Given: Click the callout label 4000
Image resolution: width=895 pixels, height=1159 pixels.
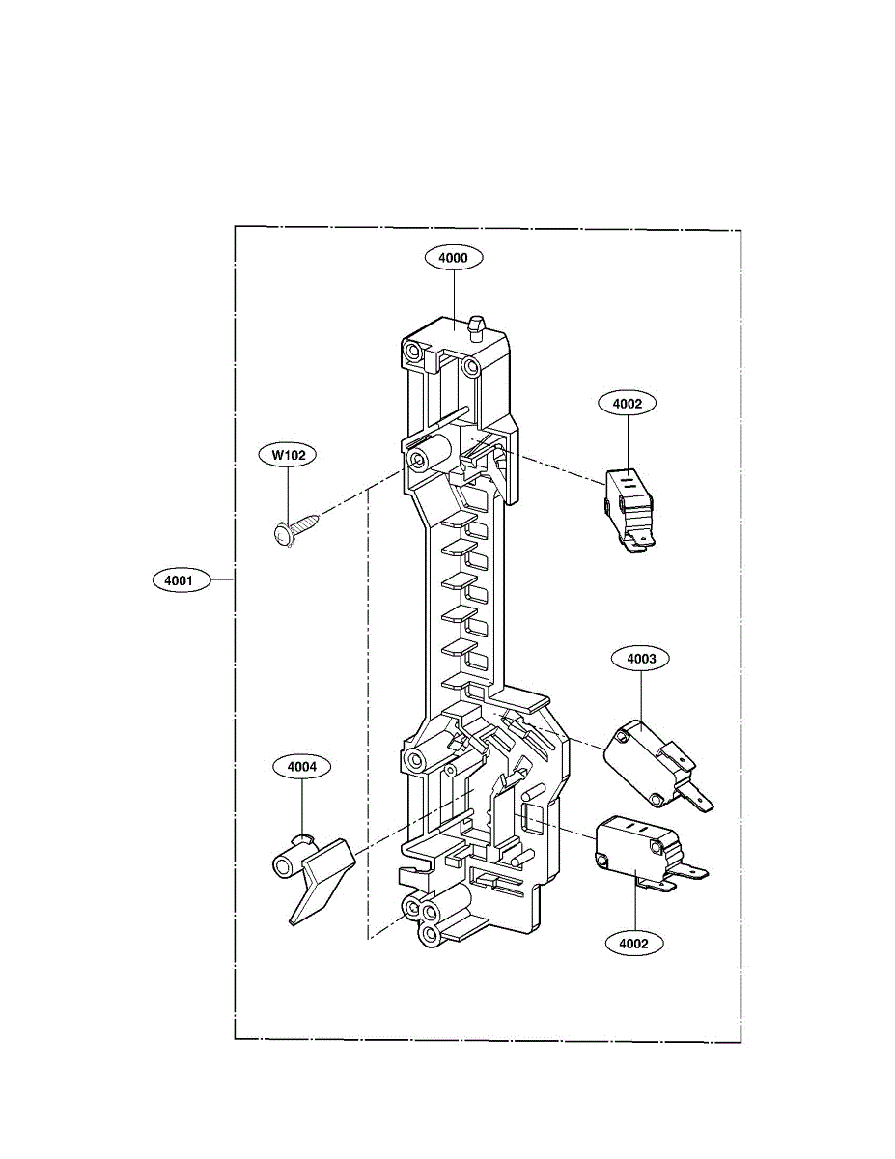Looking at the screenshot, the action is point(453,258).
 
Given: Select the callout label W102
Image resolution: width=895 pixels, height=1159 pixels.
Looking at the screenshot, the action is point(288,454).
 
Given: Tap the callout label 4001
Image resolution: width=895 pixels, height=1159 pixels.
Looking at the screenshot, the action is point(180,580).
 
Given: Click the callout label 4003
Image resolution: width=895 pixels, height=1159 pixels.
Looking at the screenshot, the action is point(641,659).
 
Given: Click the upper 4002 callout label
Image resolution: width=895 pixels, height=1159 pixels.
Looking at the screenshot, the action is point(628,403).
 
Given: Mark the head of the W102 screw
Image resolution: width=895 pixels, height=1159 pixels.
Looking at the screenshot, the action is point(281,534).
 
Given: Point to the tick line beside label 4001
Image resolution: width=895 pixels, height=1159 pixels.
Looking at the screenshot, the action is point(222,580).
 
